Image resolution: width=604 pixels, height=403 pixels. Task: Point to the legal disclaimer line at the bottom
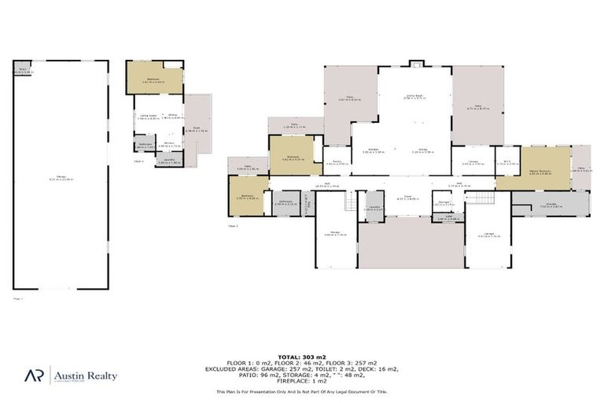click(x=301, y=391)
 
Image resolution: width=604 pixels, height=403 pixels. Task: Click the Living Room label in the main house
click(x=414, y=98)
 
